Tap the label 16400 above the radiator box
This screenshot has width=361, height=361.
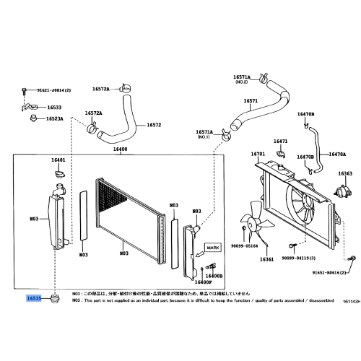click(119, 149)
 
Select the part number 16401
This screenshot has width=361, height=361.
click(58, 160)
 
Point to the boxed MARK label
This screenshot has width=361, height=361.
click(212, 247)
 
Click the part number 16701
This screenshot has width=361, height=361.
click(258, 154)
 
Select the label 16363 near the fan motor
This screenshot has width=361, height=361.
click(345, 173)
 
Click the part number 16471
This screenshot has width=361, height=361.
click(281, 141)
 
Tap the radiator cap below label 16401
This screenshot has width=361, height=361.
click(58, 173)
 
